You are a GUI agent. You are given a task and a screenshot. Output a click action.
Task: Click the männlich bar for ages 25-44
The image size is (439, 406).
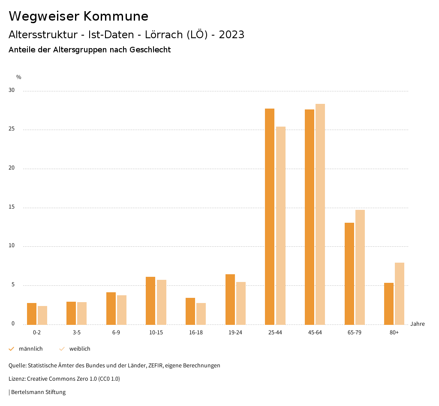point(270,217)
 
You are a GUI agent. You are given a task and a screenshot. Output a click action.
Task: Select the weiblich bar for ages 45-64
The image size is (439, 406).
point(320,214)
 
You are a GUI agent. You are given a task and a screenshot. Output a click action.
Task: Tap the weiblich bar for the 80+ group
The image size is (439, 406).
point(400,294)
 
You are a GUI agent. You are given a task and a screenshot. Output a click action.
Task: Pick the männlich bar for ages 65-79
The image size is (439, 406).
point(349,274)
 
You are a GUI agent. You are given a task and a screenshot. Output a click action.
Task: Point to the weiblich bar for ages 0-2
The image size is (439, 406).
point(42,315)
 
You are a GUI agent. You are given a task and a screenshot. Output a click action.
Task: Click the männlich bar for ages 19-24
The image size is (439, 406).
point(230,300)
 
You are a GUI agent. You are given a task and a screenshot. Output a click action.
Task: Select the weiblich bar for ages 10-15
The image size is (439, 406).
point(162,302)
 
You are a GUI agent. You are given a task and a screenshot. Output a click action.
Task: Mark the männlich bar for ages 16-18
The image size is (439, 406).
point(190,311)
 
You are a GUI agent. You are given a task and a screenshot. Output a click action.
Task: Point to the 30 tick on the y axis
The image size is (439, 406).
point(12,91)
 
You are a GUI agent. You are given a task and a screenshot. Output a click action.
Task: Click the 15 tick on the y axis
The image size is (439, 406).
point(12,207)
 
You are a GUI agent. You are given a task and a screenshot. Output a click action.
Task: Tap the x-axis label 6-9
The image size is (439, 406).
point(116,333)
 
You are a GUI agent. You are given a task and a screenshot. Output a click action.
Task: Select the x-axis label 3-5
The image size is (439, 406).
point(77,333)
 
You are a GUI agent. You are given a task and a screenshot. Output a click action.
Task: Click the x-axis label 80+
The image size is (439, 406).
point(394,333)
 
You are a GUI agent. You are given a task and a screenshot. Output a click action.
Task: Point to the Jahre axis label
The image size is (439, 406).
point(418,324)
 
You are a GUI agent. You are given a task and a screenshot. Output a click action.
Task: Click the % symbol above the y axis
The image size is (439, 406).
point(19,77)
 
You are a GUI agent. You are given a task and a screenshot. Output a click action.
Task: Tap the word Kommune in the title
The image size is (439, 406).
point(116,16)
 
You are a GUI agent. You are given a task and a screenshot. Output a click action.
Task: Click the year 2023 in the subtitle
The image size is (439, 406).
point(232,35)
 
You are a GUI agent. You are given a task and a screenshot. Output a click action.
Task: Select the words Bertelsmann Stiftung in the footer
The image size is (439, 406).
point(39,392)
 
